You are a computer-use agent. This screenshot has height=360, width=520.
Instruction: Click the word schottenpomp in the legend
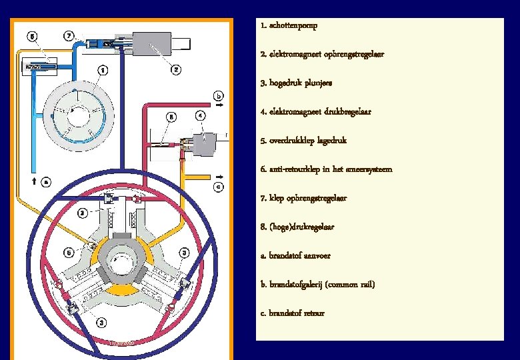pos(294,25)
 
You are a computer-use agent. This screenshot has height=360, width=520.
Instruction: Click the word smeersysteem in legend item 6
pos(370,169)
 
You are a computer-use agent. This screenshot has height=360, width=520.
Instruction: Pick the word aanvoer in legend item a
pos(316,255)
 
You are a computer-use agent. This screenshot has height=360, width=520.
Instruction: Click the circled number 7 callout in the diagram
pos(69,35)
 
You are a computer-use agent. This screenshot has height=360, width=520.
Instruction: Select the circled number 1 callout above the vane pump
pos(102,69)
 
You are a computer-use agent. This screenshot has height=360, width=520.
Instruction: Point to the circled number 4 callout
pos(201,115)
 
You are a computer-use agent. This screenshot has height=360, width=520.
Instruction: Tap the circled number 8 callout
pos(171,116)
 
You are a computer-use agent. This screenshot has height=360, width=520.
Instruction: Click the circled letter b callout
pos(218,95)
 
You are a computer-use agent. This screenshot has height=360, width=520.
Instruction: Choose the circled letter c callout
pos(218,187)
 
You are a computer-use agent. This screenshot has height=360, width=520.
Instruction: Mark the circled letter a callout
pos(45,180)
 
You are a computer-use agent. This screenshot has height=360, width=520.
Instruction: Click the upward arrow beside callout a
pos(33,180)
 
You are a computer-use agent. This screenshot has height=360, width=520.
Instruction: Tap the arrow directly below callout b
pos(219,105)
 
